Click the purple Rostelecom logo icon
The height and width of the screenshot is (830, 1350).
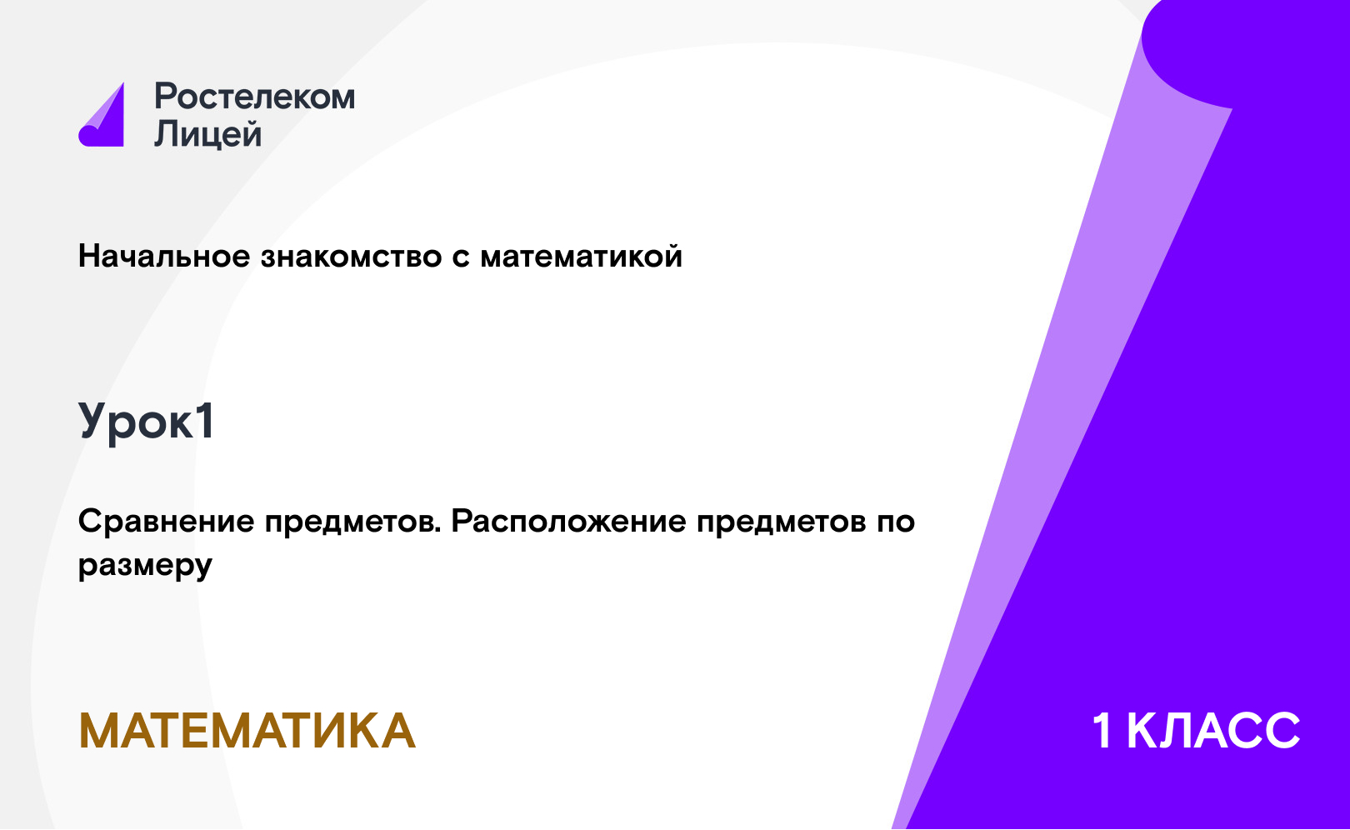(102, 117)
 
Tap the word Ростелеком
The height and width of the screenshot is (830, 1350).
(255, 97)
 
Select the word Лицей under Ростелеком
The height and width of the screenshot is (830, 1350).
(208, 133)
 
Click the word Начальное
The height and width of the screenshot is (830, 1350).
(164, 256)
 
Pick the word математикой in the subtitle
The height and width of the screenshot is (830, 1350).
(581, 257)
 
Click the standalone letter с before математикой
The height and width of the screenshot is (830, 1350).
(461, 259)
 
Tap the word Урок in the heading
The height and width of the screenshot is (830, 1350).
(136, 422)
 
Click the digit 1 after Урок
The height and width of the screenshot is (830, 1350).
(206, 421)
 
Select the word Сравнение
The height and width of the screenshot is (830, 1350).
(167, 522)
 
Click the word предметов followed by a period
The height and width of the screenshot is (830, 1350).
(353, 522)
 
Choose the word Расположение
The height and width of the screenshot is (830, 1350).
(568, 522)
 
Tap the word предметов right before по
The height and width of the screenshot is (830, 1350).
(781, 522)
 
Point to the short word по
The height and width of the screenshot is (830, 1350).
(896, 523)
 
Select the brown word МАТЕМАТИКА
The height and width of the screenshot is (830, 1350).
(247, 731)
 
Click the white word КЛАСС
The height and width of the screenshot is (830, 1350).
(1213, 731)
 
